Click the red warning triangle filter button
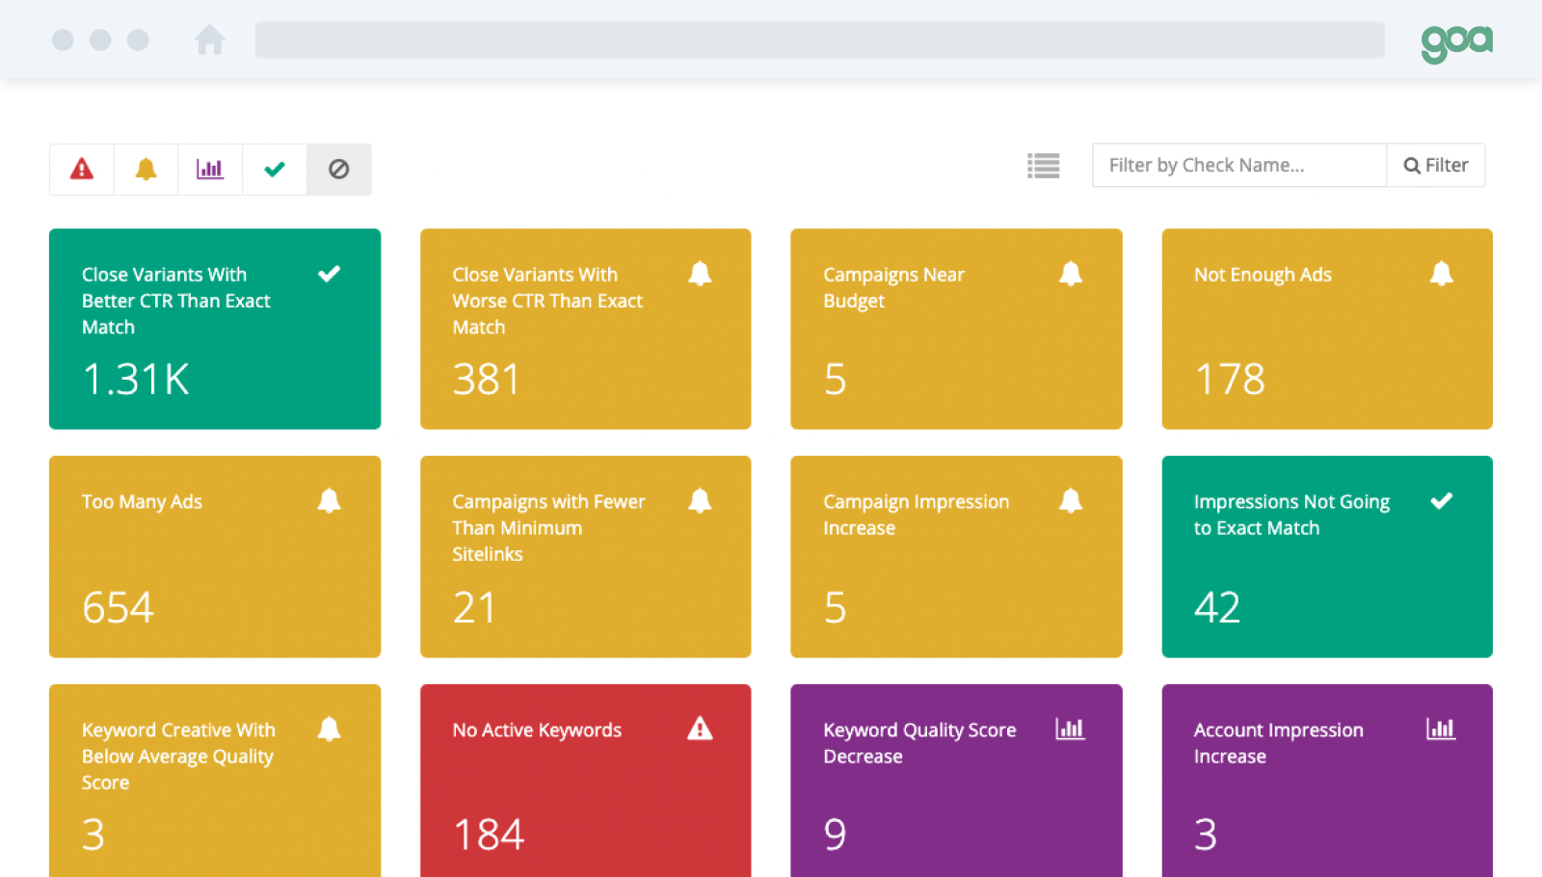[82, 170]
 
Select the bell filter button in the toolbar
[146, 170]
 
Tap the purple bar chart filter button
[210, 170]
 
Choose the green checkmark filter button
[275, 170]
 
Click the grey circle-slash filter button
[339, 170]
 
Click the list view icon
[1043, 166]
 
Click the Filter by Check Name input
[1238, 166]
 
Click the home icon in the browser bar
[209, 40]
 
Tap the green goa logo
[1456, 41]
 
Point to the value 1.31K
[136, 380]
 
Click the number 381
[487, 380]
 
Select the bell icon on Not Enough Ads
[1441, 274]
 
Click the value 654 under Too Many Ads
[118, 607]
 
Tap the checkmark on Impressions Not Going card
[1441, 501]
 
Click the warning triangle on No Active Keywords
[700, 729]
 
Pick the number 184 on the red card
[489, 835]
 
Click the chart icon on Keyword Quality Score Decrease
[1070, 729]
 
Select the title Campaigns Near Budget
[893, 287]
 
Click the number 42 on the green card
[1216, 607]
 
